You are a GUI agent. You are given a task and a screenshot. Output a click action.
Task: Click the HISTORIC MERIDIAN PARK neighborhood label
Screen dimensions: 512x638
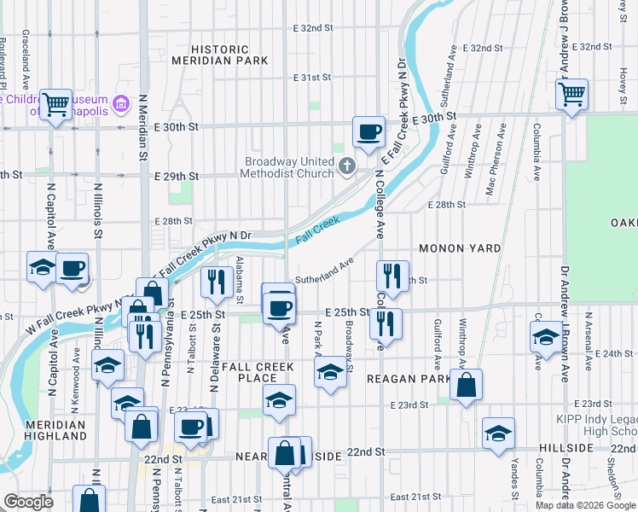[x=219, y=55]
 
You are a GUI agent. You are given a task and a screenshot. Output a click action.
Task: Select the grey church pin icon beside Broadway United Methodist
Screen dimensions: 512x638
[x=347, y=166]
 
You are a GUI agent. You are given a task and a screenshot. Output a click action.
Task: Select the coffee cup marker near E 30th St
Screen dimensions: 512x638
[x=368, y=132]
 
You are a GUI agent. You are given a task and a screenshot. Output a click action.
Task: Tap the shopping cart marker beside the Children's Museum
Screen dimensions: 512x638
[x=56, y=105]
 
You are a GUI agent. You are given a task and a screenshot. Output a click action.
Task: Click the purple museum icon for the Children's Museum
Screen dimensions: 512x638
[x=120, y=104]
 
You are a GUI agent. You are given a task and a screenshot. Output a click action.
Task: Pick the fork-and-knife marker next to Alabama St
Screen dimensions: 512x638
[x=217, y=281]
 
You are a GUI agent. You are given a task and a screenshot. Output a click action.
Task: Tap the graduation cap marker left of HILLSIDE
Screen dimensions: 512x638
[x=498, y=433]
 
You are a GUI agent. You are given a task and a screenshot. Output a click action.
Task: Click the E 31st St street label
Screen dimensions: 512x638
[x=311, y=78]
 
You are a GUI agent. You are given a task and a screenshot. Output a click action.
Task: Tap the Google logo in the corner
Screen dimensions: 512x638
[x=29, y=502]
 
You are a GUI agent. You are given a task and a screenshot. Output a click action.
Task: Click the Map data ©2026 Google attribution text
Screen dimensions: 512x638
[x=585, y=505]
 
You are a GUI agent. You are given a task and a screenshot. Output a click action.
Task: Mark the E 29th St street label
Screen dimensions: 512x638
[x=177, y=176]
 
